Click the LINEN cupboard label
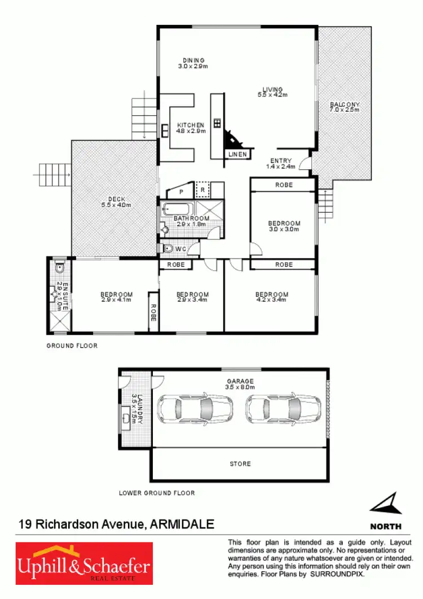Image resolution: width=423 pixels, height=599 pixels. coord(237,154)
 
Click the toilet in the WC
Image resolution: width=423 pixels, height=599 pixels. coord(168,248)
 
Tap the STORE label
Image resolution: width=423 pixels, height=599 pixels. coord(240,464)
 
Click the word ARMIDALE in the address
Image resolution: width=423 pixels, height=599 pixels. coord(182,524)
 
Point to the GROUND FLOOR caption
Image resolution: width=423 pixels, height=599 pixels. coord(72,346)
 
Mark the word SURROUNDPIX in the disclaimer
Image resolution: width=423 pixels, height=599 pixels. coord(338,574)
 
